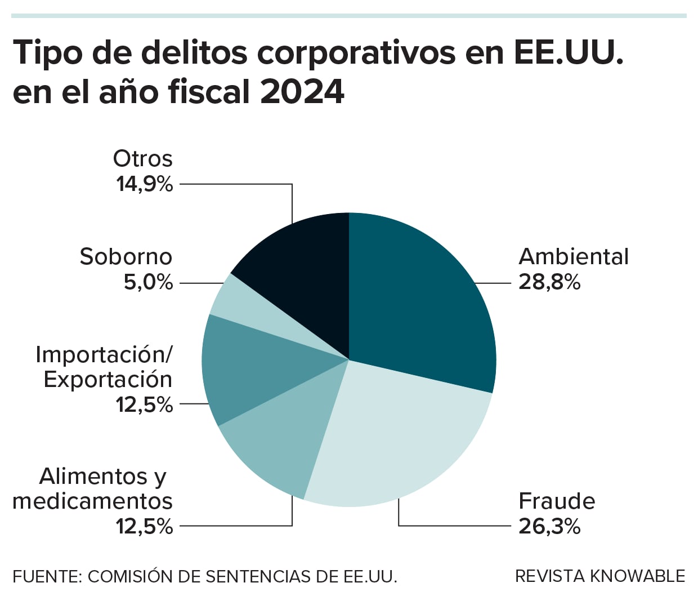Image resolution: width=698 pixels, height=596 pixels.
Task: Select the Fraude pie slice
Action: click(x=394, y=439)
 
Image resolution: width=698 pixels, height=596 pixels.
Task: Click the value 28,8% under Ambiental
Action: click(x=549, y=282)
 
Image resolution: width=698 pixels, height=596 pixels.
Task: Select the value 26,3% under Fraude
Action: click(x=549, y=526)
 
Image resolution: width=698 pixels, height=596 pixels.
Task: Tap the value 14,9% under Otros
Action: click(x=144, y=184)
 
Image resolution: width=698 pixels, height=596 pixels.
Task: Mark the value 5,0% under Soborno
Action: click(x=148, y=282)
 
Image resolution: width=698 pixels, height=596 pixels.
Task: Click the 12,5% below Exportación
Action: click(x=144, y=404)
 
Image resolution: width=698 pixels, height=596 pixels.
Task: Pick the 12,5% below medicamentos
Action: click(x=144, y=526)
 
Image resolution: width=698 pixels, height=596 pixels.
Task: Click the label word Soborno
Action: click(x=126, y=256)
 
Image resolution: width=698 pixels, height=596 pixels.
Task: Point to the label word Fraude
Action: click(x=556, y=501)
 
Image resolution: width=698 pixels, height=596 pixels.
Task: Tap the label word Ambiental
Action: click(x=573, y=256)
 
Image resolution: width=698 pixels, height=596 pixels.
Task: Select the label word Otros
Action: click(x=142, y=158)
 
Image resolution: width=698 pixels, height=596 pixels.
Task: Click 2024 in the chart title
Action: click(x=302, y=92)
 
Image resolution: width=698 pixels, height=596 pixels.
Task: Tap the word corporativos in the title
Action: click(x=356, y=53)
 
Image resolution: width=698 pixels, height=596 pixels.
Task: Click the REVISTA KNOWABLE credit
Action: click(x=600, y=576)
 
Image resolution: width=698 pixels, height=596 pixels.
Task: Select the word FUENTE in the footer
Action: click(x=47, y=576)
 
